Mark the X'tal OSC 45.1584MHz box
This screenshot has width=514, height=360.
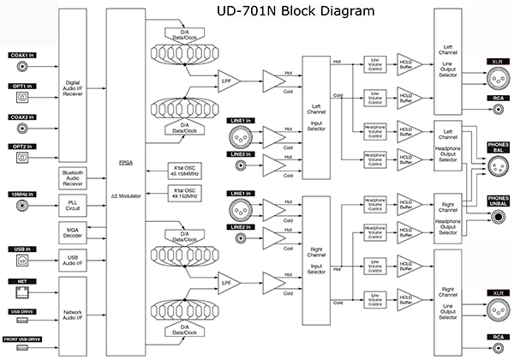coord(189,168)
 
